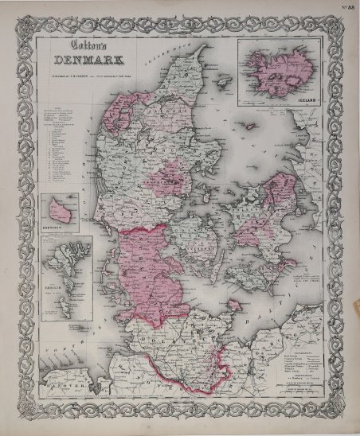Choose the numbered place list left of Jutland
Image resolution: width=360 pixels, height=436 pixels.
click(x=65, y=143)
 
